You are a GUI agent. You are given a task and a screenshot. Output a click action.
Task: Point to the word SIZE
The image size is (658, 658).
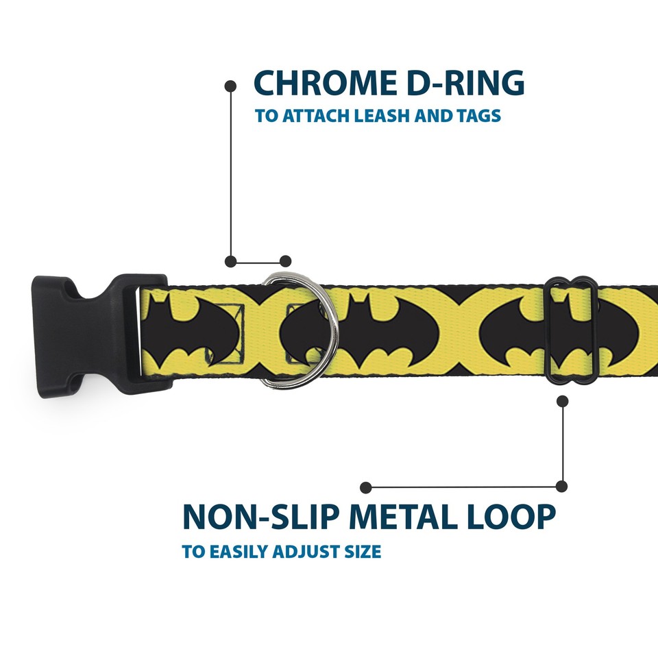pyautogui.click(x=363, y=552)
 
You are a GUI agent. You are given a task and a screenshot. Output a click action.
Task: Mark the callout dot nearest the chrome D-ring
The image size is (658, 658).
pyautogui.click(x=286, y=261)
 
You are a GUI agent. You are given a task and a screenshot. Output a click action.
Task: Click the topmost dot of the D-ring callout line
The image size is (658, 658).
pyautogui.click(x=231, y=86)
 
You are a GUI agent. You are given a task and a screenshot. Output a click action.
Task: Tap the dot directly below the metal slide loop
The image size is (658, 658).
pyautogui.click(x=563, y=401)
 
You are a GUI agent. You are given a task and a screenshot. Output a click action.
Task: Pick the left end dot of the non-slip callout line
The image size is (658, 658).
pyautogui.click(x=366, y=487)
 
